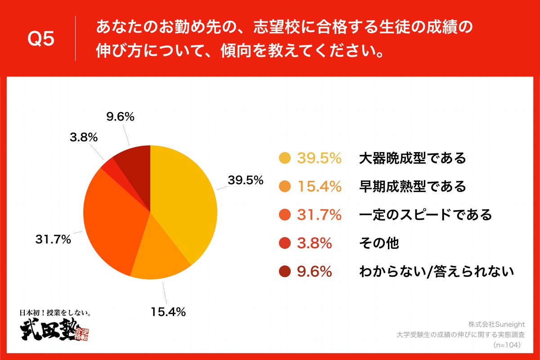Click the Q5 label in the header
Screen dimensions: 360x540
click(41, 39)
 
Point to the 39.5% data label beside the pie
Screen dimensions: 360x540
click(245, 180)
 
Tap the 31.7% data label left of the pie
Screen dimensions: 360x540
click(53, 239)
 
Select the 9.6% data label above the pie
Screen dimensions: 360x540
click(120, 117)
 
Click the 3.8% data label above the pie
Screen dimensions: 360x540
click(84, 138)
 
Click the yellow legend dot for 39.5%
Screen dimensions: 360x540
click(284, 158)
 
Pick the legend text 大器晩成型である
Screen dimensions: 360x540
click(412, 158)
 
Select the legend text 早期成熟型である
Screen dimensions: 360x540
click(412, 186)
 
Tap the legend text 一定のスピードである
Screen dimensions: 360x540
click(425, 215)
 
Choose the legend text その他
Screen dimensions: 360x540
click(379, 243)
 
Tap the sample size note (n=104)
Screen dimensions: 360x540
click(507, 345)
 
